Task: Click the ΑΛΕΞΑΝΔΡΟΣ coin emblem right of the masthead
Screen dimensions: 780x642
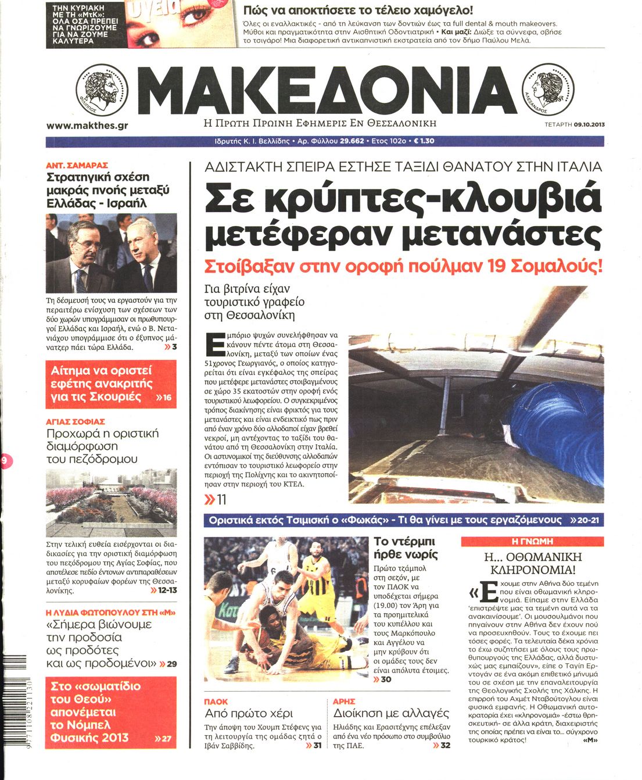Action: click(x=548, y=91)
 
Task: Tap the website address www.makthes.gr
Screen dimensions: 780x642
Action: click(x=87, y=125)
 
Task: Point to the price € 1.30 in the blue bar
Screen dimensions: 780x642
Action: click(x=424, y=141)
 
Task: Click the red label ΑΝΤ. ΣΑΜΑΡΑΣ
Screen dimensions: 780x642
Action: click(x=77, y=165)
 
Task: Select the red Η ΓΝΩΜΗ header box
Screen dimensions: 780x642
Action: click(x=532, y=541)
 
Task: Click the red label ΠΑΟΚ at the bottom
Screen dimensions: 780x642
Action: click(x=216, y=702)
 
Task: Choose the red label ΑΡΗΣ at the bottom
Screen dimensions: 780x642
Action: click(x=344, y=702)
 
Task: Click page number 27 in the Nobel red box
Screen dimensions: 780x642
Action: click(x=167, y=739)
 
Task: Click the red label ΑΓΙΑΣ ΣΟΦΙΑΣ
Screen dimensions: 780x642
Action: click(x=76, y=421)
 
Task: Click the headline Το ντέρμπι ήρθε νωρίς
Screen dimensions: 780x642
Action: click(x=406, y=548)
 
